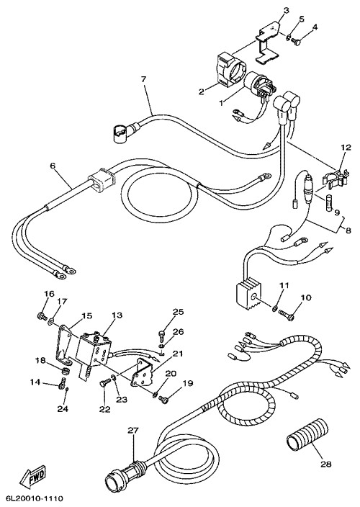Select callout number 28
point(325,465)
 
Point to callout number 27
point(132,431)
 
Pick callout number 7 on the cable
point(143,79)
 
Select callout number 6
point(53,166)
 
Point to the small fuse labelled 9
point(328,206)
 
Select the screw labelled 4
point(296,41)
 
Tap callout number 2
point(202,92)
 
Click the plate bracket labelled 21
point(142,373)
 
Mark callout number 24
point(63,409)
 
